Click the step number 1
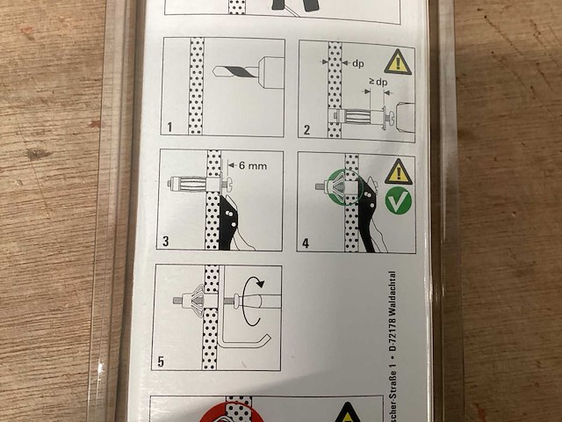pyautogui.click(x=169, y=127)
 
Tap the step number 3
pyautogui.click(x=165, y=240)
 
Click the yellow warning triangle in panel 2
pyautogui.click(x=399, y=62)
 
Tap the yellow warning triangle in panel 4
pyautogui.click(x=399, y=171)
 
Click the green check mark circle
pyautogui.click(x=400, y=201)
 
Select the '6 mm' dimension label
pyautogui.click(x=252, y=164)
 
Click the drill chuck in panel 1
pyautogui.click(x=269, y=72)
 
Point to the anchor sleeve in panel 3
pyautogui.click(x=187, y=185)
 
